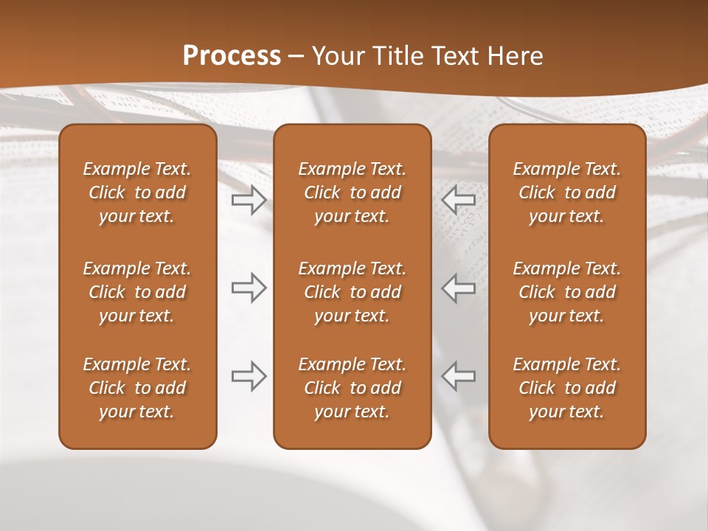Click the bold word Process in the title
click(x=232, y=56)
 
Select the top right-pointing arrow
click(x=249, y=199)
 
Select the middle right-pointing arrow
click(x=249, y=288)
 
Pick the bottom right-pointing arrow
click(x=249, y=376)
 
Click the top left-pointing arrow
click(x=458, y=199)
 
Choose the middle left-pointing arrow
click(x=458, y=288)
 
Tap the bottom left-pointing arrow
click(x=458, y=376)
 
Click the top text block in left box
click(x=137, y=192)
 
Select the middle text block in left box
click(x=137, y=292)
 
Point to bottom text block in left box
click(x=137, y=388)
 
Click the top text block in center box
click(x=352, y=192)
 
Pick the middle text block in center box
click(x=352, y=292)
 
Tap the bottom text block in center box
click(x=352, y=388)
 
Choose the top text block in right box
click(x=566, y=192)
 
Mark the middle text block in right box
click(x=566, y=292)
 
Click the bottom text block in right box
click(x=566, y=388)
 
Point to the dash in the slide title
click(x=296, y=57)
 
